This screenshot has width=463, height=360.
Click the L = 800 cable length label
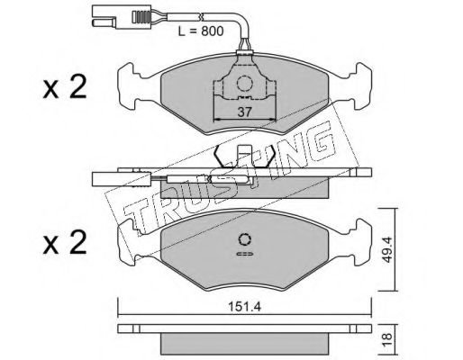[x=201, y=31]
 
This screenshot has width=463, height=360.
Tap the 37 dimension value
[x=244, y=112]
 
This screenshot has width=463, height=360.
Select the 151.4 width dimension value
[x=245, y=307]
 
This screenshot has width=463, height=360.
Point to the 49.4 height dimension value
[x=387, y=249]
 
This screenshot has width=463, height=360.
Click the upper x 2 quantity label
[x=65, y=87]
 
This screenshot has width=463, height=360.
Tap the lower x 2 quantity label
[x=65, y=243]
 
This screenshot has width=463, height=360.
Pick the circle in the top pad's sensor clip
[x=244, y=83]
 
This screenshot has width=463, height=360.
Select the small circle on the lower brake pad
[x=245, y=239]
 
